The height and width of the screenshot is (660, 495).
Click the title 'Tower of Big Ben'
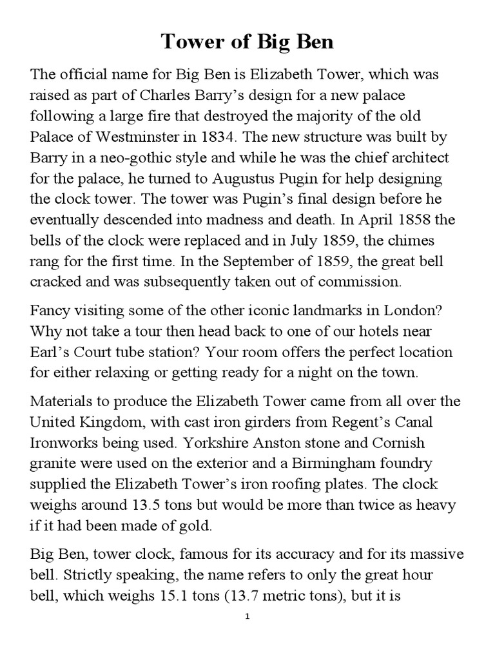247,43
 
